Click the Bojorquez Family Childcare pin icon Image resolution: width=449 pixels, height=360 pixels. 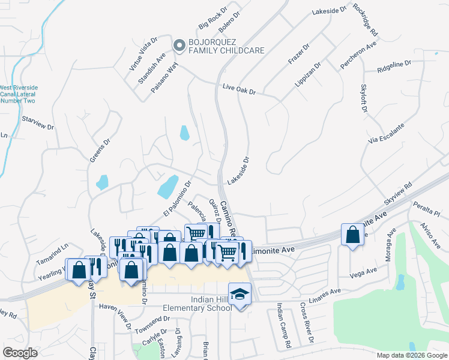[179, 46]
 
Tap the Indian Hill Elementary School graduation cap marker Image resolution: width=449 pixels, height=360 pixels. [241, 294]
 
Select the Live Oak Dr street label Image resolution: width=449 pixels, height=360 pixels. [239, 89]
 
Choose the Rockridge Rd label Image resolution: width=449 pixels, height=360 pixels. [366, 19]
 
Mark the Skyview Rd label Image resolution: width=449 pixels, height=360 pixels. [399, 194]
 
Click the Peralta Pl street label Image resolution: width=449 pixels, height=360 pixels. [429, 210]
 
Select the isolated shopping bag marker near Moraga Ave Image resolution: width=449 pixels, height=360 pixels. [352, 234]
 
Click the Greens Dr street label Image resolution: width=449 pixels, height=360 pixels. [100, 151]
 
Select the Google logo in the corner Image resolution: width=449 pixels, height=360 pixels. [20, 353]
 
